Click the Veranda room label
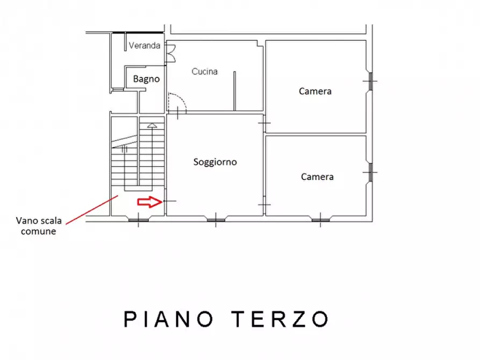tap(144, 46)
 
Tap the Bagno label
tap(146, 79)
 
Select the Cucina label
tap(205, 71)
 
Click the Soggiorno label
tap(215, 162)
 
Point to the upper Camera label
tap(315, 91)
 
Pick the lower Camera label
tap(317, 177)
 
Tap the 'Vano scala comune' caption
tap(39, 226)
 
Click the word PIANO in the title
tap(167, 319)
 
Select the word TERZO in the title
tap(281, 319)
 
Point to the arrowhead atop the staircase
tap(152, 126)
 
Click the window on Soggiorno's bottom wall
tap(216, 218)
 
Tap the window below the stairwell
tap(138, 218)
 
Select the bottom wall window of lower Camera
tap(321, 218)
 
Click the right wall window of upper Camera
tap(370, 82)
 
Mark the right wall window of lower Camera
tap(370, 172)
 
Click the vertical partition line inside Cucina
tap(234, 91)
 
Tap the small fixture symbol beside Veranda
tap(170, 54)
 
